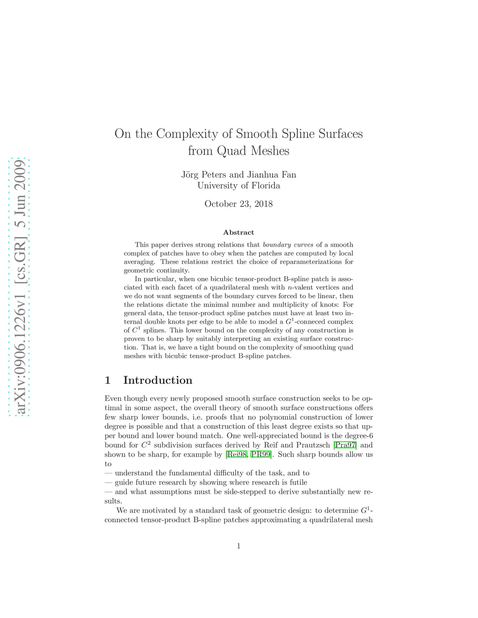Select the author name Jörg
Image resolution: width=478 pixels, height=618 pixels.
(190, 174)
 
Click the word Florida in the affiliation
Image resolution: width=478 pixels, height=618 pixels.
(265, 185)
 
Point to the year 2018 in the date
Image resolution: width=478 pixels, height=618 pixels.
(263, 204)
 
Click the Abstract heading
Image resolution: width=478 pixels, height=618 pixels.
(239, 232)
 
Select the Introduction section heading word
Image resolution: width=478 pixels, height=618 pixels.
(157, 380)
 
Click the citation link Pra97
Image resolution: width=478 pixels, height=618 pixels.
(345, 445)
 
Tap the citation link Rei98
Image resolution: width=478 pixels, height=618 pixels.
(236, 454)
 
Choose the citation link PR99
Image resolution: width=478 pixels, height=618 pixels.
(261, 454)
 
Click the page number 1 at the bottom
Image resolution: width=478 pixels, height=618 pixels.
(239, 546)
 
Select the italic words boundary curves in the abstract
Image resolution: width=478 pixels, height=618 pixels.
(288, 244)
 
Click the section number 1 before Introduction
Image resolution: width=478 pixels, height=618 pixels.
(108, 380)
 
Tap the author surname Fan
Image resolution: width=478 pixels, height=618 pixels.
(288, 174)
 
